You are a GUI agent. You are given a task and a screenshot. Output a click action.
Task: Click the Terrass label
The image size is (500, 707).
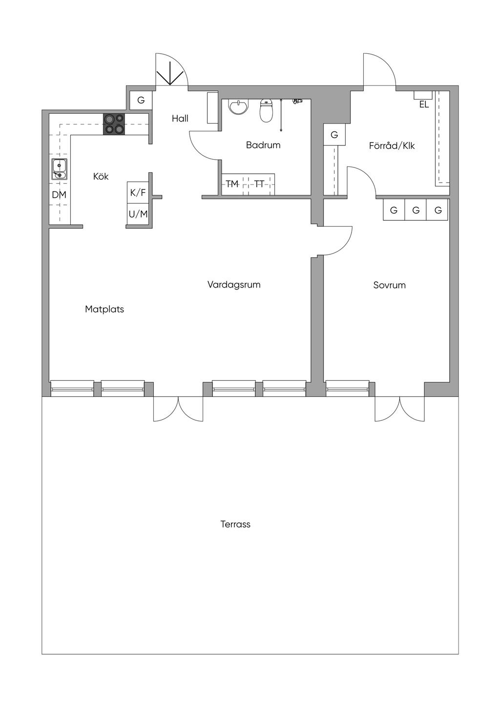pyautogui.click(x=235, y=524)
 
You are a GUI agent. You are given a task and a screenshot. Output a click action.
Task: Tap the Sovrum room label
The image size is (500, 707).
pyautogui.click(x=389, y=285)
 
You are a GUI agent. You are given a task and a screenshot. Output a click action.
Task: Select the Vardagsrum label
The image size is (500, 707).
pyautogui.click(x=234, y=285)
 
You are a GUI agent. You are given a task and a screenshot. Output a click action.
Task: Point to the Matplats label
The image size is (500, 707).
pyautogui.click(x=104, y=310)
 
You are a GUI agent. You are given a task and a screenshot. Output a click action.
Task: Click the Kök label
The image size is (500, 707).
pyautogui.click(x=101, y=176)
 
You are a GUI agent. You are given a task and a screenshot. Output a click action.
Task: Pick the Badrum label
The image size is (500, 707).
pyautogui.click(x=263, y=145)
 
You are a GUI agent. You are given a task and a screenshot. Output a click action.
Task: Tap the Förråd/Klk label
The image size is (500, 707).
pyautogui.click(x=392, y=146)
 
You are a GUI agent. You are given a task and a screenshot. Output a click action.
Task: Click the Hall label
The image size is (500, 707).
pyautogui.click(x=180, y=118)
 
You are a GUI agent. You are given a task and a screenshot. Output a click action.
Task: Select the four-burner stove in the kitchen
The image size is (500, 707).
pyautogui.click(x=114, y=124)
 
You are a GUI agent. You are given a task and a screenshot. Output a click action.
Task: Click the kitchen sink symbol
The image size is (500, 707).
pyautogui.click(x=60, y=169)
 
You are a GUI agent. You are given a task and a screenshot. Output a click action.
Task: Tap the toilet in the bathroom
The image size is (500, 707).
pyautogui.click(x=266, y=110)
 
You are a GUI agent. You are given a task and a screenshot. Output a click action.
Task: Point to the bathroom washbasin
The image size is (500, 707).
pyautogui.click(x=239, y=107)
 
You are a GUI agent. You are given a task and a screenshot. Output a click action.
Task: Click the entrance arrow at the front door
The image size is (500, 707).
pyautogui.click(x=170, y=74)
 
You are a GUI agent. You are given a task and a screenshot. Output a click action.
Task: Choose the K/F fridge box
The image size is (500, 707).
pyautogui.click(x=138, y=192)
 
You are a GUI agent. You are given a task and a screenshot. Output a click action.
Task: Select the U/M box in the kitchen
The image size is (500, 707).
pyautogui.click(x=138, y=214)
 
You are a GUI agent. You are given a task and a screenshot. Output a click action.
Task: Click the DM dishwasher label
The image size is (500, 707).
pyautogui.click(x=59, y=195)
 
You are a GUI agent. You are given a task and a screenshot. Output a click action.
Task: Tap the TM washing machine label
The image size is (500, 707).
pyautogui.click(x=232, y=184)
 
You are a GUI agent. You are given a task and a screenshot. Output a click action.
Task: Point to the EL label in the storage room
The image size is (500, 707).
pyautogui.click(x=424, y=104)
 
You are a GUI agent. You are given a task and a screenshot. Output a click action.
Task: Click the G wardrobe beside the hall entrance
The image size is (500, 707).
pyautogui.click(x=141, y=100)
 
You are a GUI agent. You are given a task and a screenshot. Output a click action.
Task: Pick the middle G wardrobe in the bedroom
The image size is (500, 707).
pyautogui.click(x=416, y=210)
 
